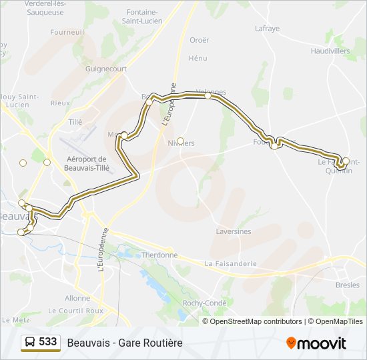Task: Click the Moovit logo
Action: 316,343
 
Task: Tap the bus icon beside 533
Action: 29,343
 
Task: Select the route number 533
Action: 47,342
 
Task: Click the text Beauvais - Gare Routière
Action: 124,343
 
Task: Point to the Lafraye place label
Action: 267,28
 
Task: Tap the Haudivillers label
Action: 330,50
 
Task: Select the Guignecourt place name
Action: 105,68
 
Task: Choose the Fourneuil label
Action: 67,31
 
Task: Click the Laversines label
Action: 234,231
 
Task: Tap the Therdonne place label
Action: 159,255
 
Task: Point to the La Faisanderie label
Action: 231,263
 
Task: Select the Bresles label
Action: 347,285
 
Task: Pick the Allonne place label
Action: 77,298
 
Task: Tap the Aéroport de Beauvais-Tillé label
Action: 87,163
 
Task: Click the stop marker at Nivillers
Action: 180,140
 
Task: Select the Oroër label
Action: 199,40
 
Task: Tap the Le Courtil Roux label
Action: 75,311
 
